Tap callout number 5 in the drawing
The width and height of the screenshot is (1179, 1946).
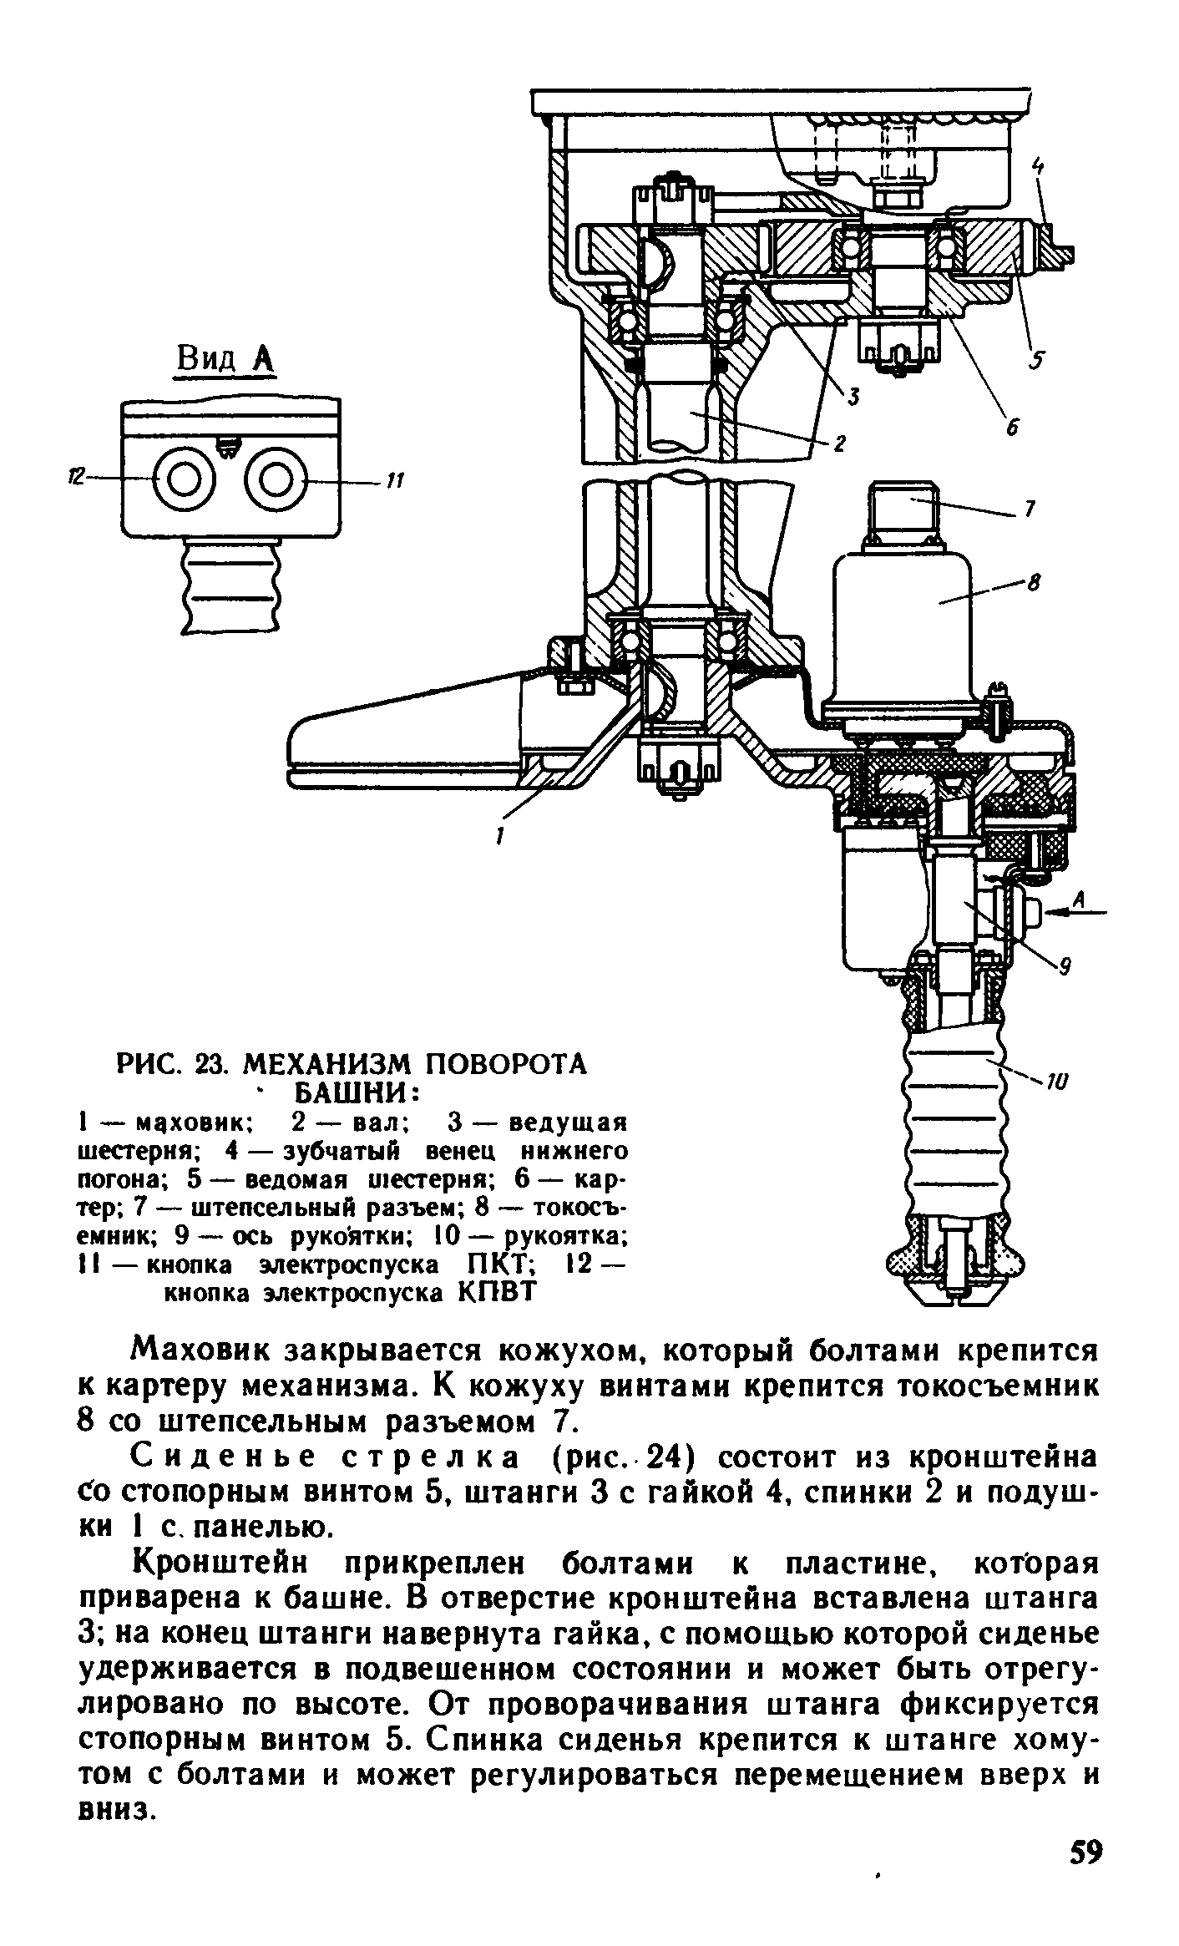coord(1038,360)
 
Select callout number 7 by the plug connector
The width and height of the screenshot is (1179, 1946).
coord(1030,509)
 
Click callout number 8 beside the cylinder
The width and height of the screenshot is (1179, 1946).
coord(1032,585)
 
